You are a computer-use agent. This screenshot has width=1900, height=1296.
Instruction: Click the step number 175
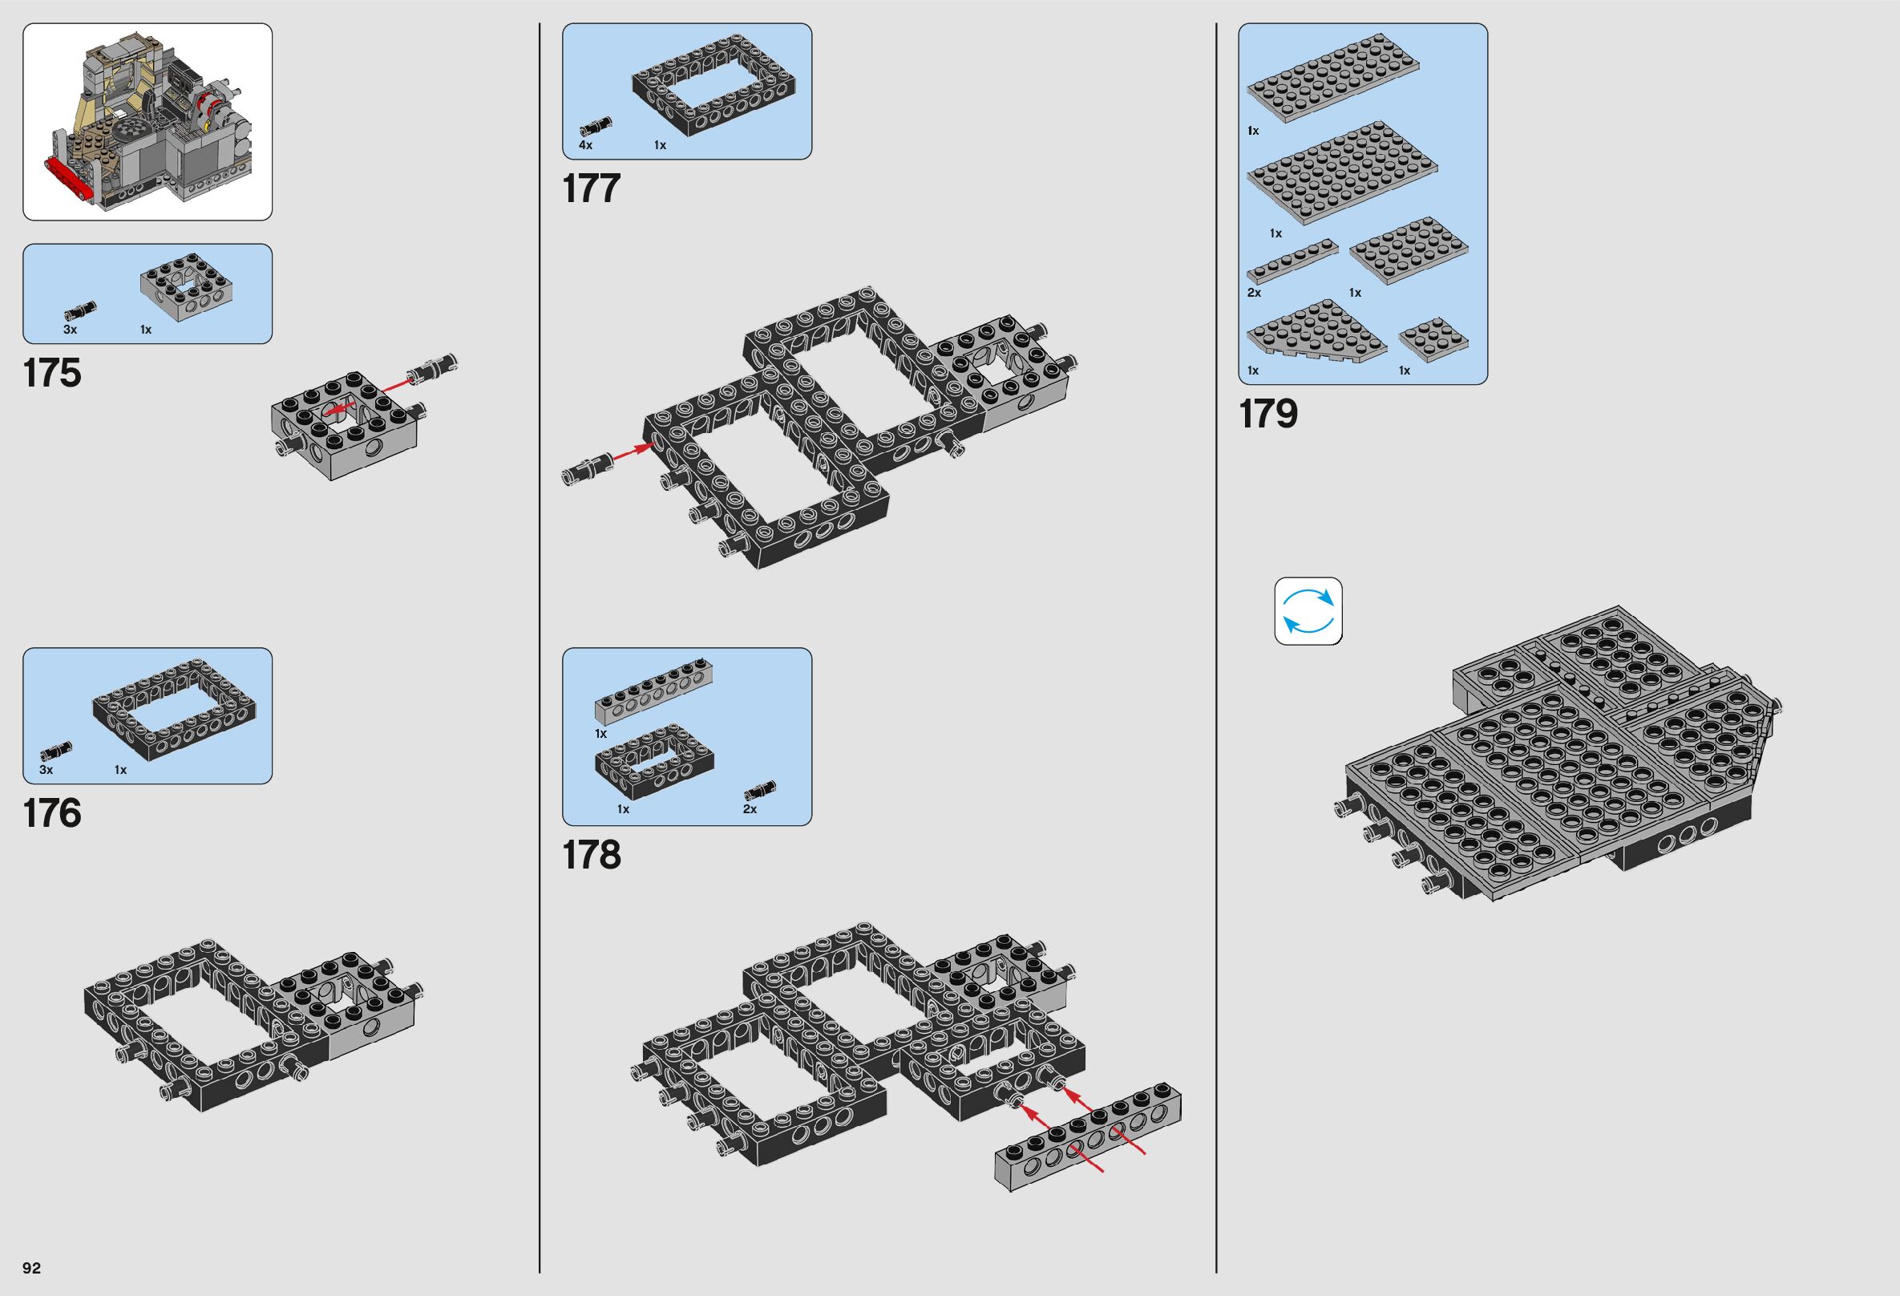pos(52,374)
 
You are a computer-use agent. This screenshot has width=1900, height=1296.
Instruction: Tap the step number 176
pos(52,813)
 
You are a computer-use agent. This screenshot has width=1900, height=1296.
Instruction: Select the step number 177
pos(591,189)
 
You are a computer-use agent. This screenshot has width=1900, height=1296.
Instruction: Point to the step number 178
pos(591,855)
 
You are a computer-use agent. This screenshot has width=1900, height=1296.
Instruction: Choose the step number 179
pos(1268,414)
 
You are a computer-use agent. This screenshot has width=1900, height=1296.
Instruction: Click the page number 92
pos(32,1268)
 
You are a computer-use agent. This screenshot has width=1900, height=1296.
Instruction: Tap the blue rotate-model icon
pos(1308,612)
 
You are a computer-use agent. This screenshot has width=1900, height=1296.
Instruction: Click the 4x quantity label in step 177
pos(585,145)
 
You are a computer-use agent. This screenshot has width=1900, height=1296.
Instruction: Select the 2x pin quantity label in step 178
pos(750,809)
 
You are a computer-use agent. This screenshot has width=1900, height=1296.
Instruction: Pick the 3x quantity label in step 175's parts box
pos(71,330)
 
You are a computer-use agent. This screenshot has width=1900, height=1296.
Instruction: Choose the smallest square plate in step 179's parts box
pos(1433,340)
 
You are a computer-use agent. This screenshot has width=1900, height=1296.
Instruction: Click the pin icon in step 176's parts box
pos(56,750)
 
